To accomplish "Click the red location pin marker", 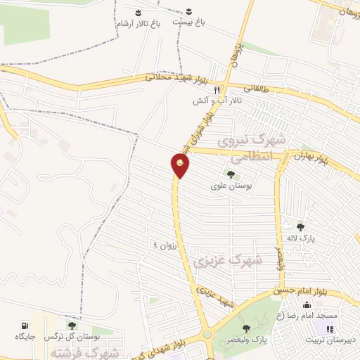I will pyautogui.click(x=180, y=166).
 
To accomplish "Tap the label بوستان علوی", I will pyautogui.click(x=229, y=187).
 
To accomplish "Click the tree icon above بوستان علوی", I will pyautogui.click(x=230, y=175).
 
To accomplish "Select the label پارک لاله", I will pyautogui.click(x=301, y=239).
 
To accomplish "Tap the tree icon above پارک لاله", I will pyautogui.click(x=301, y=226).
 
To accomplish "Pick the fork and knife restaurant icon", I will pyautogui.click(x=217, y=90).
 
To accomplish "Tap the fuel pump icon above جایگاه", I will pyautogui.click(x=25, y=326).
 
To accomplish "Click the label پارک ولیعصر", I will pyautogui.click(x=245, y=340).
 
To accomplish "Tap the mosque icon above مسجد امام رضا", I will pyautogui.click(x=307, y=304).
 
